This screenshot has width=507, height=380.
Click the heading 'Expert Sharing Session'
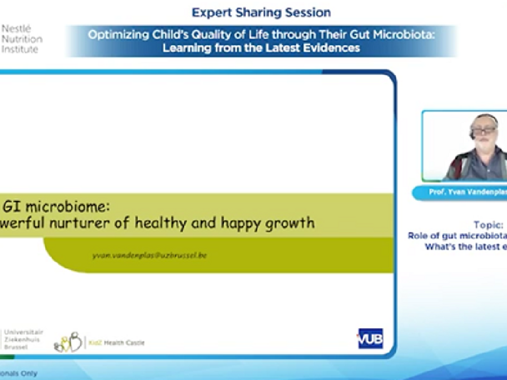pyautogui.click(x=261, y=12)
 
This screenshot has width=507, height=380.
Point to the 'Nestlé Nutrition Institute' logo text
pyautogui.click(x=21, y=37)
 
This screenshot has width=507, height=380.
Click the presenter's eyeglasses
pyautogui.click(x=483, y=132)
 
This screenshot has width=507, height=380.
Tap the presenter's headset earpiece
pyautogui.click(x=472, y=131)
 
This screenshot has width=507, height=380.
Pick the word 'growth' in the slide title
pyautogui.click(x=294, y=222)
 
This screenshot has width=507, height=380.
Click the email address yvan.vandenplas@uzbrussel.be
pyautogui.click(x=149, y=254)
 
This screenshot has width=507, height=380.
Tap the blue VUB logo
pyautogui.click(x=369, y=338)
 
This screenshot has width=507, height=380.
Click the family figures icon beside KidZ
pyautogui.click(x=68, y=341)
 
